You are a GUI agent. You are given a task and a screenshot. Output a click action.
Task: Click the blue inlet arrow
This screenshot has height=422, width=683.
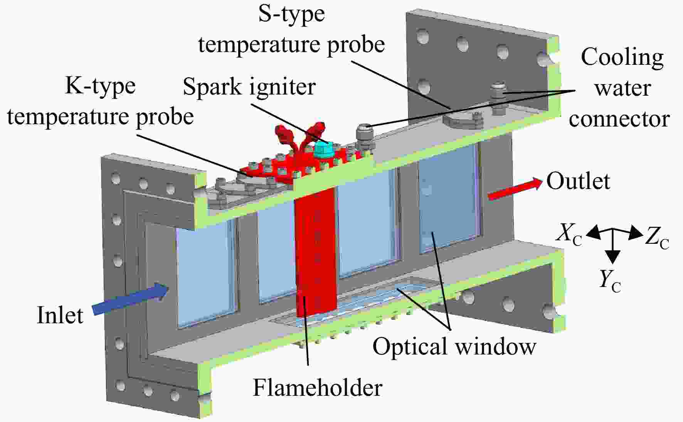(x=130, y=299)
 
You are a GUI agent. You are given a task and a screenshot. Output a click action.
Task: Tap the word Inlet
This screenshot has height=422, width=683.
(x=60, y=315)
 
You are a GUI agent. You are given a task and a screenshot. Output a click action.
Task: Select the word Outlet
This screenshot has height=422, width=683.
(x=578, y=181)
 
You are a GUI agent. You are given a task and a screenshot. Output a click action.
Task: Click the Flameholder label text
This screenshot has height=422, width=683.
(x=317, y=387)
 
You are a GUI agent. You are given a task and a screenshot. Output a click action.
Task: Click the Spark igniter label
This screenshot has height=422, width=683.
(x=249, y=87)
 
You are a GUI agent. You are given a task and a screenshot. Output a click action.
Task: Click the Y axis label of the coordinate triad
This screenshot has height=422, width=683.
(x=609, y=280)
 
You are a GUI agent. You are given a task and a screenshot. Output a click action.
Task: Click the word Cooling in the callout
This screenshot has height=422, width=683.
(x=622, y=58)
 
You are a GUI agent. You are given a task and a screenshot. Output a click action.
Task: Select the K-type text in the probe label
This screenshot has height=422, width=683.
(x=100, y=86)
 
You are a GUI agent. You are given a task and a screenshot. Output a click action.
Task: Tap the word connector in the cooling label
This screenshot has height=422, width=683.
(x=619, y=119)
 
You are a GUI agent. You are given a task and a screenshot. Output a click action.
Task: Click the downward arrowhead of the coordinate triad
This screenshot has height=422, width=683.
(x=613, y=257)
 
